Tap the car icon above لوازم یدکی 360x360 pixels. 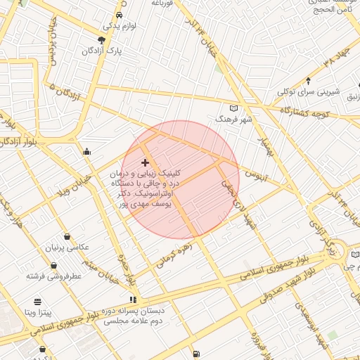pyautogui.click(x=119, y=14)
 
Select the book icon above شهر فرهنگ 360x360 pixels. pyautogui.click(x=234, y=108)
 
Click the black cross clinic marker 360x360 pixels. pyautogui.click(x=145, y=162)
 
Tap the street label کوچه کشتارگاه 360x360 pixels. pyautogui.click(x=305, y=112)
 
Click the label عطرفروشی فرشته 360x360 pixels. pyautogui.click(x=55, y=275)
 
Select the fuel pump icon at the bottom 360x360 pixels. pyautogui.click(x=195, y=354)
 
